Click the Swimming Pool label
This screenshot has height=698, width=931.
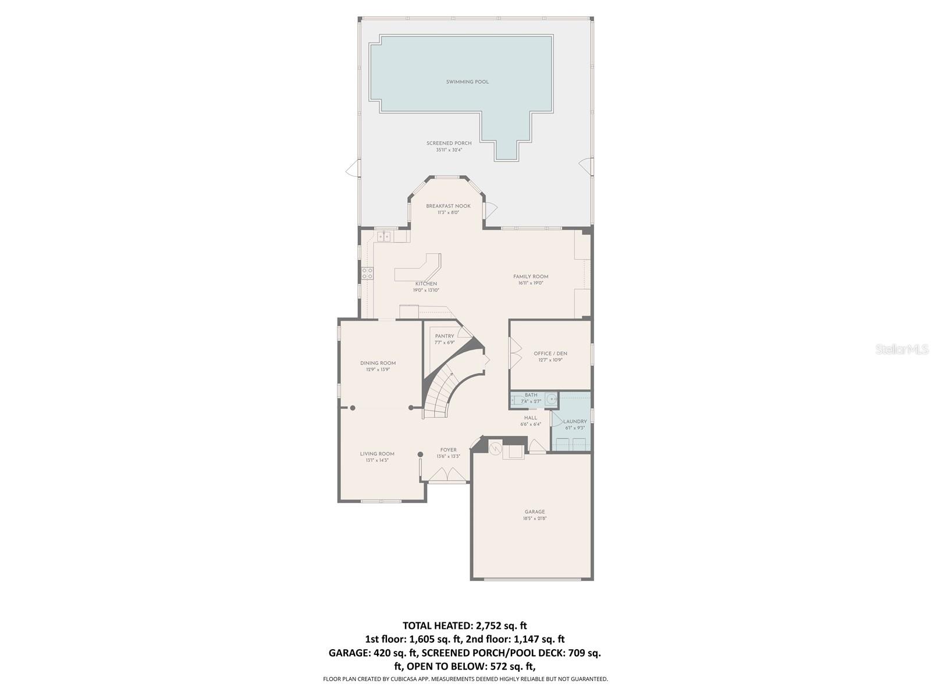(x=467, y=82)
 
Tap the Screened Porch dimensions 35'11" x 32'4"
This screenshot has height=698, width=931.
(x=449, y=150)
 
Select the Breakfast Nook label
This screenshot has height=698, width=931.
(x=448, y=206)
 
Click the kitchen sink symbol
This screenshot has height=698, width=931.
(x=384, y=236)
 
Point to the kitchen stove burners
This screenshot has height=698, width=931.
(x=367, y=273)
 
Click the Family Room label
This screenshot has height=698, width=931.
(x=531, y=277)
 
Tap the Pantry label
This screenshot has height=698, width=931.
(x=445, y=336)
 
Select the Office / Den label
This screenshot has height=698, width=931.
(x=550, y=354)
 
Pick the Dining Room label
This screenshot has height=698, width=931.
(x=378, y=363)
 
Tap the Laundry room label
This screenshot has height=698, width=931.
(x=575, y=422)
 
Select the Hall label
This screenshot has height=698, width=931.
(x=531, y=418)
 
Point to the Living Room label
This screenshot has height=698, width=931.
(x=377, y=454)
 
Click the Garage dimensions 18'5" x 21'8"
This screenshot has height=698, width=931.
(x=535, y=518)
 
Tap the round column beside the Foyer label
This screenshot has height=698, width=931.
(x=420, y=454)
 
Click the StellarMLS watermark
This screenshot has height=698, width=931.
(x=902, y=349)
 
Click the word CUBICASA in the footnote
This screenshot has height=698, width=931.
(x=410, y=679)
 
